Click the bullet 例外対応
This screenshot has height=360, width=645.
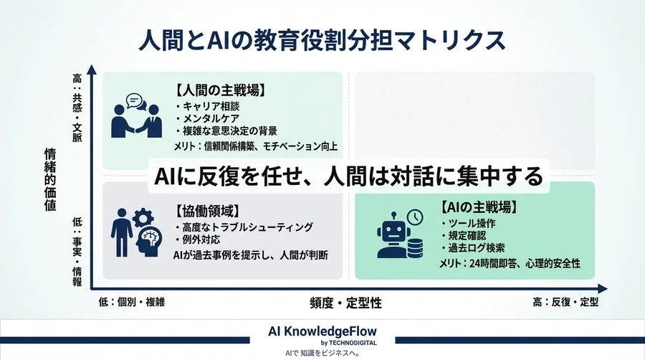(x=198, y=240)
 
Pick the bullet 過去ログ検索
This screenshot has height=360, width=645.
(x=476, y=249)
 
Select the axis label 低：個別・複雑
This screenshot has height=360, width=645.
(x=132, y=302)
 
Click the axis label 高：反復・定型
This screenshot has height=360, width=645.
(x=565, y=302)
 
